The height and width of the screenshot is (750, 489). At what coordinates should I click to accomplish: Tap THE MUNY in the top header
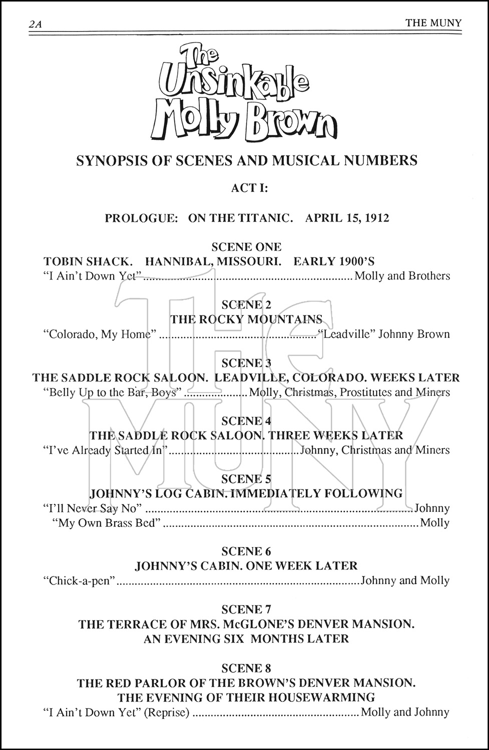pos(433,22)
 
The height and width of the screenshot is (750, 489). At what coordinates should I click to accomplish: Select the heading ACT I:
pos(250,188)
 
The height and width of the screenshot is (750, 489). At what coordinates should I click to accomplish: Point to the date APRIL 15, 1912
pos(347,218)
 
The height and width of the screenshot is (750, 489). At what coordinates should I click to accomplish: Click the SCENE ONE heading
pos(246,246)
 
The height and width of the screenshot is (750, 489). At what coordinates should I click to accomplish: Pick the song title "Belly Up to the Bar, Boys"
pos(112,392)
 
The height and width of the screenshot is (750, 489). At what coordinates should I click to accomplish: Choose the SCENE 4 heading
pos(246,421)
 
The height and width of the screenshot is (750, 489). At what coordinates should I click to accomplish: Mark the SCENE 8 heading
pos(246,668)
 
